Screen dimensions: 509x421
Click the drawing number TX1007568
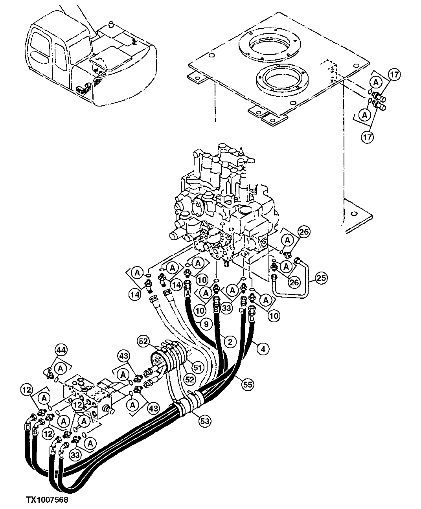(47, 500)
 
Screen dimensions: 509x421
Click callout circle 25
(321, 279)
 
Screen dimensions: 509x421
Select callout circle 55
(247, 385)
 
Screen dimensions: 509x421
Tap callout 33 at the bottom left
(75, 455)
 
